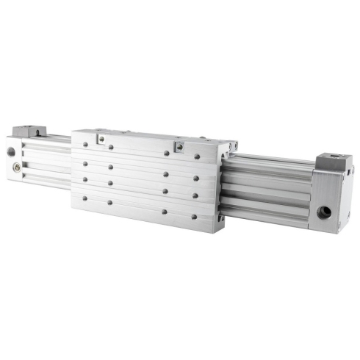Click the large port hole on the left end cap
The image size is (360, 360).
(x=11, y=153)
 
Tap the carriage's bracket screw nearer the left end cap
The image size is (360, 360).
(x=101, y=139)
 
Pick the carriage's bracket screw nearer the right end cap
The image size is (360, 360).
(x=179, y=145)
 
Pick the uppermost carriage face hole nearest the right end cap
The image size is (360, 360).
(x=198, y=156)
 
